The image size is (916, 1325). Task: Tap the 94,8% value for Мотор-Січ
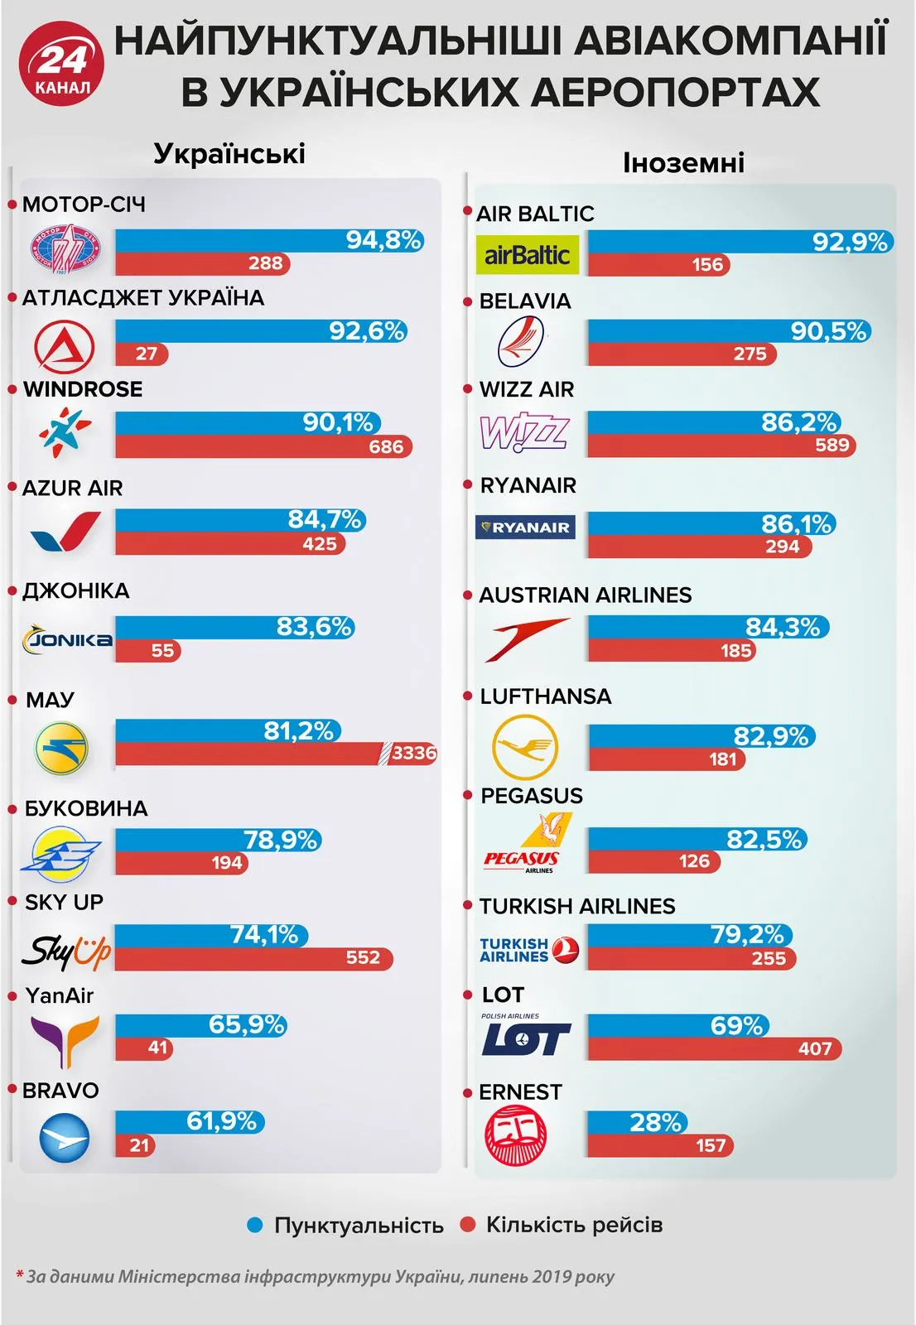tap(383, 240)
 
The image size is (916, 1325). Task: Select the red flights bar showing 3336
tap(275, 753)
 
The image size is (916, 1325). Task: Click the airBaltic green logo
tap(528, 255)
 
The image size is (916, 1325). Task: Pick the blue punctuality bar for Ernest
tap(636, 1123)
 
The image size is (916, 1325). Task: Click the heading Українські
tap(229, 154)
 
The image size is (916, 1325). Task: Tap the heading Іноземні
tap(683, 162)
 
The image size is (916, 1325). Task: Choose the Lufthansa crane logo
tap(525, 746)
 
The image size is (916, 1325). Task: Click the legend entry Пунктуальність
tap(358, 1225)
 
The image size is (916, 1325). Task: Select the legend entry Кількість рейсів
tap(574, 1225)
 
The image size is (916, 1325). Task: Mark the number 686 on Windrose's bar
tap(386, 447)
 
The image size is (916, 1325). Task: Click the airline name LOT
tap(503, 995)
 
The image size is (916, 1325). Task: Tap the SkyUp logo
tap(66, 952)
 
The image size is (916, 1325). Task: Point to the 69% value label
tap(736, 1026)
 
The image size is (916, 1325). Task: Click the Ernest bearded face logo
tap(515, 1135)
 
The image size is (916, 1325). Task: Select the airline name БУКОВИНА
tap(86, 808)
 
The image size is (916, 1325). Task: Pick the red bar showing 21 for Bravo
tap(134, 1145)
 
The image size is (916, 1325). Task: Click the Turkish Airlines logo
tap(528, 950)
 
